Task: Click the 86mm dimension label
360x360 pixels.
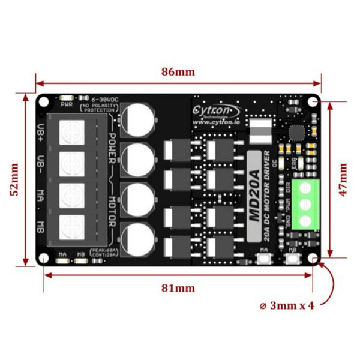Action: coord(178,71)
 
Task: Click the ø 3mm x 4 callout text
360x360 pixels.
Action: coord(287,305)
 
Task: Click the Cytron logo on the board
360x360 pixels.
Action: coord(215,110)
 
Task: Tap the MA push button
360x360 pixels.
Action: coord(263,259)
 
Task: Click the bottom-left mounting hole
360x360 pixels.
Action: coord(44,259)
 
